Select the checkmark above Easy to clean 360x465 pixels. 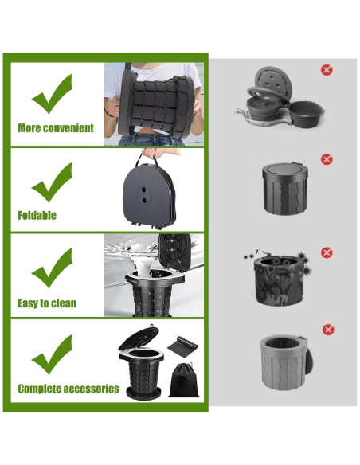[x=53, y=269]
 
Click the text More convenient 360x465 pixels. [x=56, y=128]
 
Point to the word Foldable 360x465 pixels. [x=37, y=215]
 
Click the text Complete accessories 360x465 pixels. [x=68, y=389]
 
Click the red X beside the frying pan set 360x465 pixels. [x=327, y=70]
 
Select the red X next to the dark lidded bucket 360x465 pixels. [x=327, y=160]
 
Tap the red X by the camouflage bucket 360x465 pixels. [x=327, y=252]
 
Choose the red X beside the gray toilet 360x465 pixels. [x=327, y=330]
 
